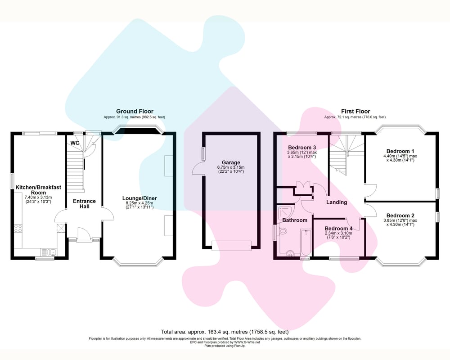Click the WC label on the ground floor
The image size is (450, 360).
(x=75, y=143)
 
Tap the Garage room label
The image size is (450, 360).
(x=231, y=163)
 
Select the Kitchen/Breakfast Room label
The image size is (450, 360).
(x=38, y=190)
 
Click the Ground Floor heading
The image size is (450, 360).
(x=135, y=111)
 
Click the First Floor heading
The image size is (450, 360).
(x=355, y=111)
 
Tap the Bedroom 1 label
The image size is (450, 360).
(x=400, y=151)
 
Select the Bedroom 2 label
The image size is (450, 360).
(x=400, y=216)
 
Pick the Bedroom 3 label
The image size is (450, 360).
(x=302, y=148)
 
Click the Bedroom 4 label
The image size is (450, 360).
(x=338, y=229)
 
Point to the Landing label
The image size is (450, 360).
(x=337, y=202)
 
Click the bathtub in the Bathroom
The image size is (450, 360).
(x=306, y=242)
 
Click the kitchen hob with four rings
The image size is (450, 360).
(x=18, y=229)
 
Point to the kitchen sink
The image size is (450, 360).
(x=49, y=252)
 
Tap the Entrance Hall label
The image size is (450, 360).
(x=84, y=203)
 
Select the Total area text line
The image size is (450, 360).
(x=225, y=332)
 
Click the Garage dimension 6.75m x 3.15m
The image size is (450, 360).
(x=231, y=167)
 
